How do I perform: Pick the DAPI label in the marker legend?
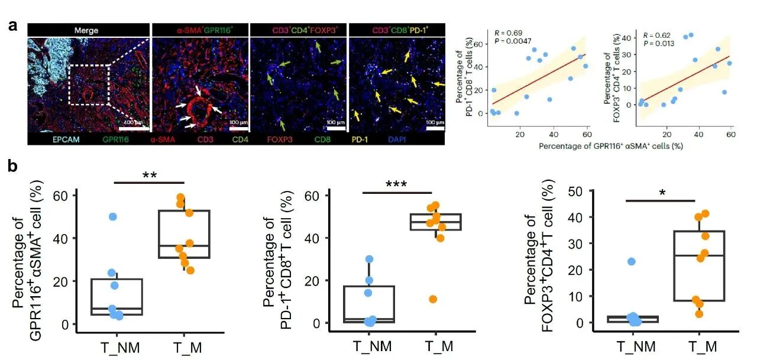click(x=410, y=140)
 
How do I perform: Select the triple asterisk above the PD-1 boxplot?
click(x=398, y=184)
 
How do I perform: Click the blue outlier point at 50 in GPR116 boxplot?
click(x=112, y=217)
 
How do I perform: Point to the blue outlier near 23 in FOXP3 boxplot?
click(x=631, y=261)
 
